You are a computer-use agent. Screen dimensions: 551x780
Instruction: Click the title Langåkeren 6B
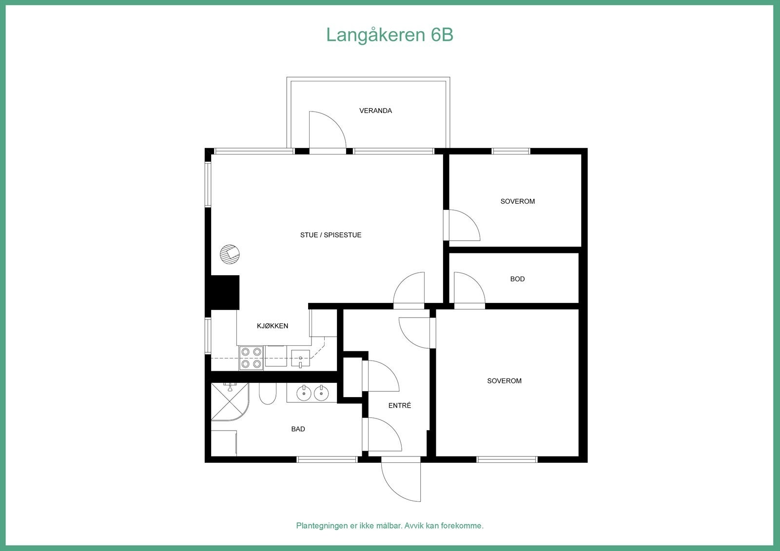point(390,35)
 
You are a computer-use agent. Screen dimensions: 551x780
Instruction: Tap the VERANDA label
point(375,111)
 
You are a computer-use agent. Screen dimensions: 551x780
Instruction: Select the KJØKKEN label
point(273,326)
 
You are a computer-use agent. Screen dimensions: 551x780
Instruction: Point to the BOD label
point(517,279)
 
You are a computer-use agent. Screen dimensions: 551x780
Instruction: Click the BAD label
point(298,429)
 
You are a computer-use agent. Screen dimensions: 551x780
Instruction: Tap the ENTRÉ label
point(399,405)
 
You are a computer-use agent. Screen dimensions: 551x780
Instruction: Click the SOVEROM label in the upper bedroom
point(517,201)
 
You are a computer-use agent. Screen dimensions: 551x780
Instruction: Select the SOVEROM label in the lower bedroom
point(504,381)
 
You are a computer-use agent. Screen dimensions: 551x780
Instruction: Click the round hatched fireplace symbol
point(229,254)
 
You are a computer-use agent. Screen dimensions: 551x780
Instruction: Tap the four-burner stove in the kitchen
point(251,358)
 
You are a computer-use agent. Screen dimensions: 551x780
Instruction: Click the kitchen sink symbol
point(300,358)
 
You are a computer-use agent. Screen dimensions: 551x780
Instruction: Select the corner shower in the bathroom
point(228,401)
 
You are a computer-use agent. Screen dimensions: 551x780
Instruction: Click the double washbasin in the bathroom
point(311,393)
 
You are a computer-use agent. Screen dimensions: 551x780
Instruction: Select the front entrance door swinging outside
point(401,480)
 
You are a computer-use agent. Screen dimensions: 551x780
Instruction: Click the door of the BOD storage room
point(468,288)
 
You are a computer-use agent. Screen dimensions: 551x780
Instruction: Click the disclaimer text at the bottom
point(390,526)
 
